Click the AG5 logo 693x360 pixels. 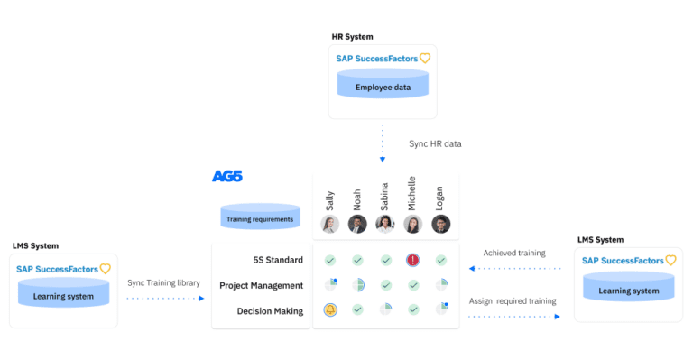click(226, 176)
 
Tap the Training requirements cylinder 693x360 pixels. click(260, 217)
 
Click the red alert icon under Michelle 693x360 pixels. click(413, 260)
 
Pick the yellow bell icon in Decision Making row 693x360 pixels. click(330, 310)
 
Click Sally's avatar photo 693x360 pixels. click(330, 224)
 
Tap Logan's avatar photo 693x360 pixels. click(441, 224)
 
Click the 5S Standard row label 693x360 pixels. click(278, 260)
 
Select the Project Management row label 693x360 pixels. click(261, 285)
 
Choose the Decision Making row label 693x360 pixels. click(270, 310)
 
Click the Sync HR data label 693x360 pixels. click(441, 143)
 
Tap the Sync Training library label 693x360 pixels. click(163, 282)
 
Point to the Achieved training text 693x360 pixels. click(513, 253)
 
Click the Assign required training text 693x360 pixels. click(513, 300)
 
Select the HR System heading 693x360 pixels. click(352, 37)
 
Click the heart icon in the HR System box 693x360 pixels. click(425, 59)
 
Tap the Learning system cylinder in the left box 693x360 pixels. click(63, 292)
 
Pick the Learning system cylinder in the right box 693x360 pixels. click(628, 287)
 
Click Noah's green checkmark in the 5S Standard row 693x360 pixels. click(358, 260)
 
